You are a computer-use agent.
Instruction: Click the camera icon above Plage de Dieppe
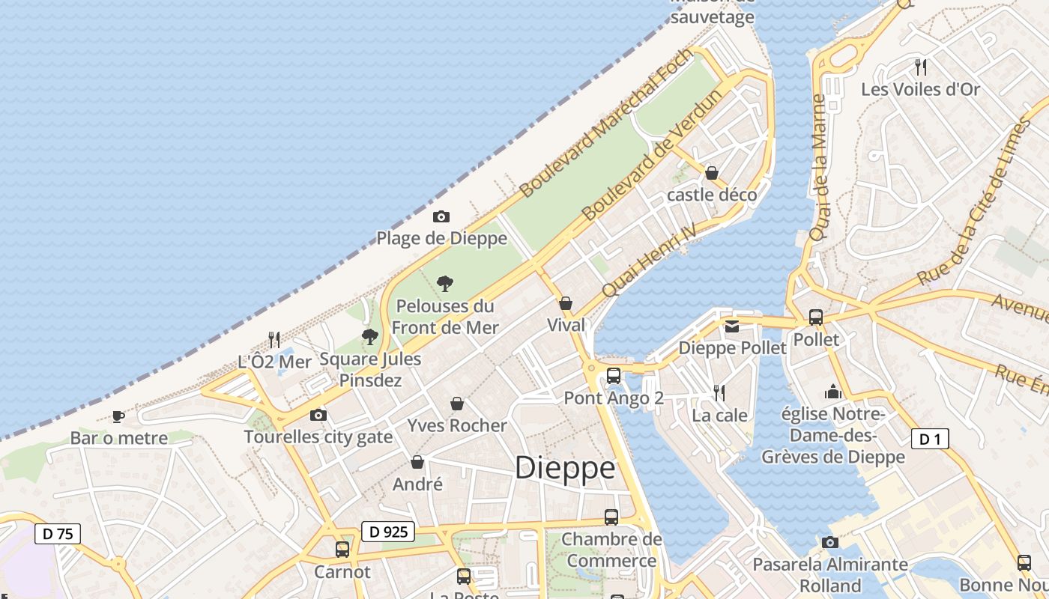tap(441, 217)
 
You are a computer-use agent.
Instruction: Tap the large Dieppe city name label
tap(566, 468)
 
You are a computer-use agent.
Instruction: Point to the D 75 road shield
tap(58, 534)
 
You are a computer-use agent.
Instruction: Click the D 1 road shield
tap(930, 439)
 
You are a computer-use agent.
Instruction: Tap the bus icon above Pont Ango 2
tap(614, 376)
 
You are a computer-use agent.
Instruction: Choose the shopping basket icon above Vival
tap(566, 303)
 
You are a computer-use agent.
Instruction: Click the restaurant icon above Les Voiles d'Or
tap(921, 67)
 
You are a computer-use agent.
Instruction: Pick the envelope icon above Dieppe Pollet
tap(732, 326)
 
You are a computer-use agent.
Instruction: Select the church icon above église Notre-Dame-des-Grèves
tap(832, 392)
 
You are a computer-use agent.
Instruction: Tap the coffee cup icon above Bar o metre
tap(118, 416)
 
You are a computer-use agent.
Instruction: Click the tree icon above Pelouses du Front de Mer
tap(445, 284)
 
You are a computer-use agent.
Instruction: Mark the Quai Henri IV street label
tap(649, 260)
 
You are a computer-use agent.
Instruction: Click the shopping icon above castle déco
tap(712, 174)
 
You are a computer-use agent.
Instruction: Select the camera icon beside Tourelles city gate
tap(318, 415)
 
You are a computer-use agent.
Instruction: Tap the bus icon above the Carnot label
tap(342, 550)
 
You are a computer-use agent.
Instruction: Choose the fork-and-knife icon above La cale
tap(719, 392)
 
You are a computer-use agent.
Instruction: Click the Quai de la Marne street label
tap(818, 168)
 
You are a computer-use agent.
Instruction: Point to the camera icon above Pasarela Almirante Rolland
tap(829, 542)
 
